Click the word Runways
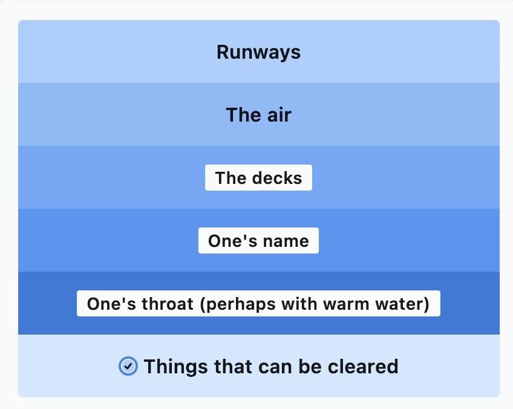point(258,52)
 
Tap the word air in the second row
point(276,115)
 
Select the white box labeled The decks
point(258,178)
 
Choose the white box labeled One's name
point(258,241)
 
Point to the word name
point(286,241)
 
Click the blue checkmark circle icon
point(128,366)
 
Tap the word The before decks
point(228,178)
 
